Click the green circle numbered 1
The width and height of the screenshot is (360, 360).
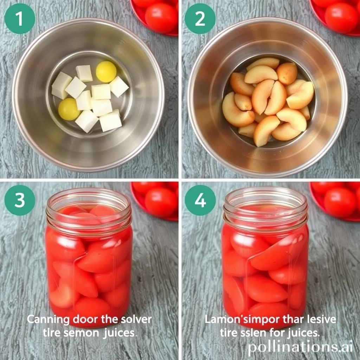click(x=20, y=19)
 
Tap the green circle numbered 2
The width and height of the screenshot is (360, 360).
click(x=200, y=19)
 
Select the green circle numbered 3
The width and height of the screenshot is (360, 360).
click(x=20, y=200)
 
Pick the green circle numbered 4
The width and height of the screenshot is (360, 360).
click(x=200, y=200)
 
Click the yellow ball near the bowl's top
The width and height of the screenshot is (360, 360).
click(x=106, y=71)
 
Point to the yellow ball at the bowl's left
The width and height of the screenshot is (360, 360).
click(x=69, y=109)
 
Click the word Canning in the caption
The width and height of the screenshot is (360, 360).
click(x=48, y=320)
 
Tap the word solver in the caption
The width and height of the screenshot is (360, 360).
click(x=136, y=320)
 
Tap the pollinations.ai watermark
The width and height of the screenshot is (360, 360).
click(x=300, y=347)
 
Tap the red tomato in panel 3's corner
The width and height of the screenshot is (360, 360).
click(x=161, y=201)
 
